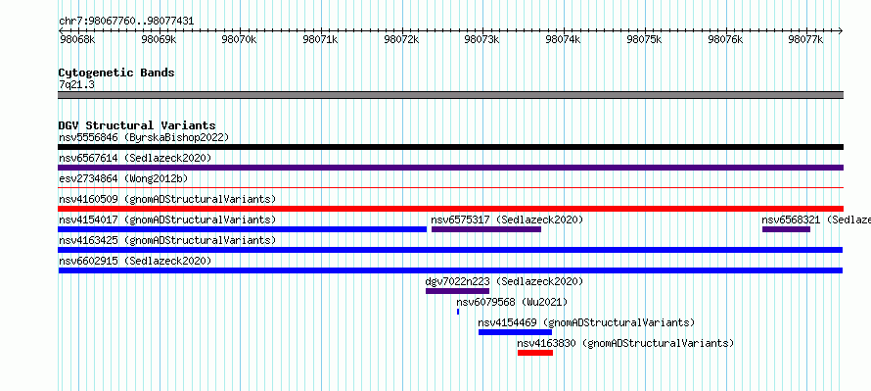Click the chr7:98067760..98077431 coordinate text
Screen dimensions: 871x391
126,22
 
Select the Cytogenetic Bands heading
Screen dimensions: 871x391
116,73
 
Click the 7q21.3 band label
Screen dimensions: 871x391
72,84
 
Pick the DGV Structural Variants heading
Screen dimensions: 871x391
137,125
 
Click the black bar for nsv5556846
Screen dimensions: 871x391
450,147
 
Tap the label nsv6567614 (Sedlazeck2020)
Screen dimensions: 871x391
135,158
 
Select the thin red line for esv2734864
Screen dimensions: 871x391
450,188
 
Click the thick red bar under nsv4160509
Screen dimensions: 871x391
450,209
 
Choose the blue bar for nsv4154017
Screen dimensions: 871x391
242,229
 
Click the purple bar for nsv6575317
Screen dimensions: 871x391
486,229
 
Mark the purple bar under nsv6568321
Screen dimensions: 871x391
786,229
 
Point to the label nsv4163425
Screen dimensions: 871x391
88,240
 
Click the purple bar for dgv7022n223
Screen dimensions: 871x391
457,291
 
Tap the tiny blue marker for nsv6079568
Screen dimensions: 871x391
458,312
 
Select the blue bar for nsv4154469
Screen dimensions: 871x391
515,332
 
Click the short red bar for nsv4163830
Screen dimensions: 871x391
535,353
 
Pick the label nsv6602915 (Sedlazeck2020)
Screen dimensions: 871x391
135,261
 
